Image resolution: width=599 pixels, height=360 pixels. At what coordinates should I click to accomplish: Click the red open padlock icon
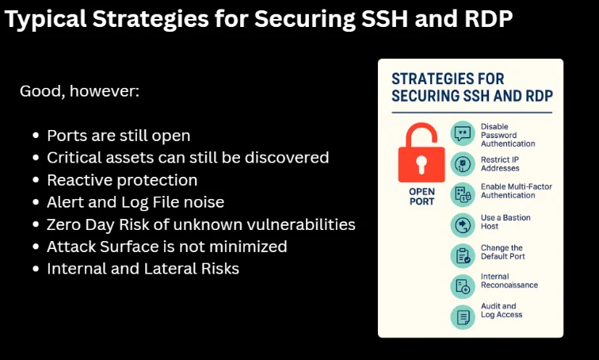pyautogui.click(x=422, y=153)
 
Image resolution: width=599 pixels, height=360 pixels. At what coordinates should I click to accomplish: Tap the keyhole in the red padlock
pyautogui.click(x=422, y=164)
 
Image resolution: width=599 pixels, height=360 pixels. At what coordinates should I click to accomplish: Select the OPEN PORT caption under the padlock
pyautogui.click(x=422, y=197)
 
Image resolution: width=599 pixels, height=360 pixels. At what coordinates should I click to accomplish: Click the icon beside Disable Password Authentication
pyautogui.click(x=463, y=134)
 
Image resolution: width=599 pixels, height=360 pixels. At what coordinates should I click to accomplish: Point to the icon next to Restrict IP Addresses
pyautogui.click(x=463, y=164)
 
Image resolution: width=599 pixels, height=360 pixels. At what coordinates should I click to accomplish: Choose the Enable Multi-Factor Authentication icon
pyautogui.click(x=463, y=194)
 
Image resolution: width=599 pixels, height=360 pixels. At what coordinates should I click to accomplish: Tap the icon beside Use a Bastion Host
pyautogui.click(x=463, y=225)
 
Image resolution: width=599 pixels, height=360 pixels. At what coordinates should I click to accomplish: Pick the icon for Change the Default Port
pyautogui.click(x=463, y=255)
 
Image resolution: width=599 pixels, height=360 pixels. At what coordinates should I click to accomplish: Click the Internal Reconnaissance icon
pyautogui.click(x=463, y=286)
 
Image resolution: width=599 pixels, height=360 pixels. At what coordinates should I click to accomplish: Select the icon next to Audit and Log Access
pyautogui.click(x=463, y=317)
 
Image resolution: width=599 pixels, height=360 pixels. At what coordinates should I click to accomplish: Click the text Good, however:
pyautogui.click(x=79, y=91)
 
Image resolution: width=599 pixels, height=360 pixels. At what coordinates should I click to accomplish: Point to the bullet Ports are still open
pyautogui.click(x=118, y=136)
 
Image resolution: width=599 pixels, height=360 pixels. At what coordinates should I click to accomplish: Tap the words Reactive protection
pyautogui.click(x=122, y=180)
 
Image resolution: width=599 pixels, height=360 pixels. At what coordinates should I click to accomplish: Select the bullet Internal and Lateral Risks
pyautogui.click(x=143, y=269)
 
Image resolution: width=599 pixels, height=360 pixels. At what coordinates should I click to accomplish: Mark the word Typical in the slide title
pyautogui.click(x=45, y=19)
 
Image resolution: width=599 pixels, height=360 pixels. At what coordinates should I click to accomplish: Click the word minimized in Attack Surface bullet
pyautogui.click(x=248, y=247)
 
